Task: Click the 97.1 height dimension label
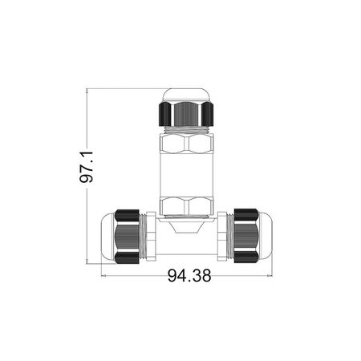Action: click(87, 167)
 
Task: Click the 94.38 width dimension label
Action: click(189, 275)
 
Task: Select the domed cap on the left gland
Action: click(107, 236)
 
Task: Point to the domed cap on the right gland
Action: click(266, 236)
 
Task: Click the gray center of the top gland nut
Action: click(186, 114)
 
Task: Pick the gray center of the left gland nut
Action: click(128, 236)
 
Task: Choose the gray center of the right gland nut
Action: click(246, 236)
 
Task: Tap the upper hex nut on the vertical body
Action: click(186, 144)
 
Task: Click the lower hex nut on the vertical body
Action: click(186, 206)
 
